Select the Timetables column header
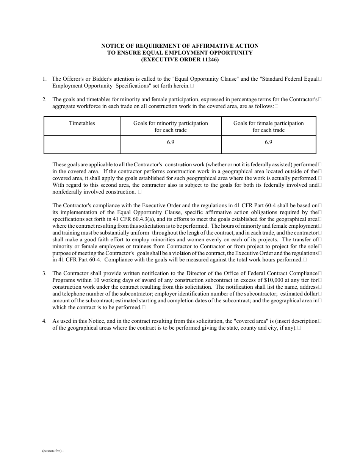point(82,123)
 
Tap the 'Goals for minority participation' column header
point(171,127)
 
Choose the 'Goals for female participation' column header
point(268,127)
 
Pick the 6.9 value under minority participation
point(171,142)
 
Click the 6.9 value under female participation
point(268,142)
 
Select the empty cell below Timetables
point(82,144)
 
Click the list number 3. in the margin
point(44,273)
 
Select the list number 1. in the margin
point(44,79)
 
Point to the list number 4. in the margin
point(44,321)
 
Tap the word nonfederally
point(68,192)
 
